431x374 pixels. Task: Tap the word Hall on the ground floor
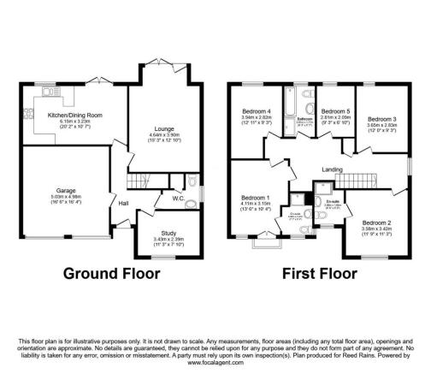123,203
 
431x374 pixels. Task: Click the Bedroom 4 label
256,113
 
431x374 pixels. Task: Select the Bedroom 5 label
336,112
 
